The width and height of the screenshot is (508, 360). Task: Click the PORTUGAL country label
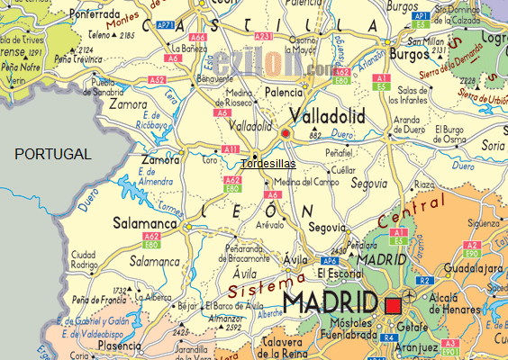[x=53, y=154]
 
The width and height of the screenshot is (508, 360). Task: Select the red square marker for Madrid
[x=392, y=305]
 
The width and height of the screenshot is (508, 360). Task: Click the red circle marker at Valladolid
[x=286, y=134]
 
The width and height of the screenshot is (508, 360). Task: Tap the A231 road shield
[x=263, y=36]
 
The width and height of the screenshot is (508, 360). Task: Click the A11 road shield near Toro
[x=231, y=148]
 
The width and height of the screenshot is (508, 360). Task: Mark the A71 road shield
[x=166, y=25]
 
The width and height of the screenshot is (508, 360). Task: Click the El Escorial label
[x=339, y=273]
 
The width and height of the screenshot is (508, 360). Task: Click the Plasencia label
[x=121, y=345]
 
